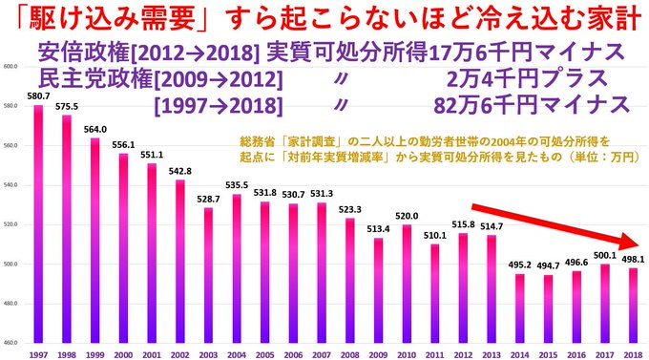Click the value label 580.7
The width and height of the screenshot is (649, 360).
(38, 95)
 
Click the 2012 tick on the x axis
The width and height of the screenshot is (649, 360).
(460, 353)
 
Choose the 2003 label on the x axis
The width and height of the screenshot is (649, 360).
(207, 353)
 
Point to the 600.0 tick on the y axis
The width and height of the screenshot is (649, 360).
(12, 67)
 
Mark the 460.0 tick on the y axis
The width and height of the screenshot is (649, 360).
(12, 342)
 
